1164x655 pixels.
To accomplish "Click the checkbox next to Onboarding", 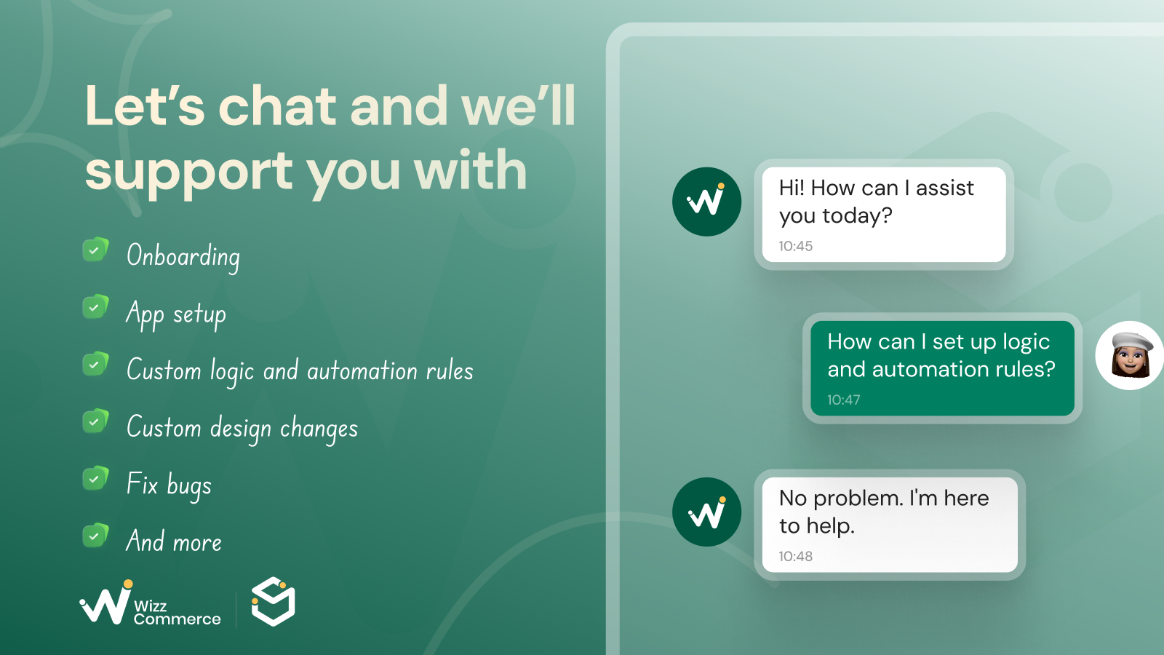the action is click(95, 250).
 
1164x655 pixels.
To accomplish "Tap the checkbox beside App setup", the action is click(95, 307).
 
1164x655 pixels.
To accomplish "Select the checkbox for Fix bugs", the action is click(95, 479).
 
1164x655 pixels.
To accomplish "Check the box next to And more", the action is click(95, 536).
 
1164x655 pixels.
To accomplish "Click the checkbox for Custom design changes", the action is click(95, 421).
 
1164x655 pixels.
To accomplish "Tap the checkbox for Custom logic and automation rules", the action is click(95, 365).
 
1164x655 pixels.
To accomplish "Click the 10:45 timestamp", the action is click(796, 246).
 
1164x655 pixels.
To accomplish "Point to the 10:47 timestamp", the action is click(844, 400).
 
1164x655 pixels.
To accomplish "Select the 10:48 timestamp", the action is click(796, 556).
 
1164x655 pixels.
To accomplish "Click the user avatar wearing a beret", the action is click(1130, 356).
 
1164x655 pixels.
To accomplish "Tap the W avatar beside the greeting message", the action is click(706, 202).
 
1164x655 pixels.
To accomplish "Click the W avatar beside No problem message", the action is click(706, 512).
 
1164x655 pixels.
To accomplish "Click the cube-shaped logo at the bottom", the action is click(274, 601).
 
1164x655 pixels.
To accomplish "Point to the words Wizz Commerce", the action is click(177, 612).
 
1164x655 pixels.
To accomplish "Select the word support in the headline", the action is click(189, 172).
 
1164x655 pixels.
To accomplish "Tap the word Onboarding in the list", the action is click(183, 256).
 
